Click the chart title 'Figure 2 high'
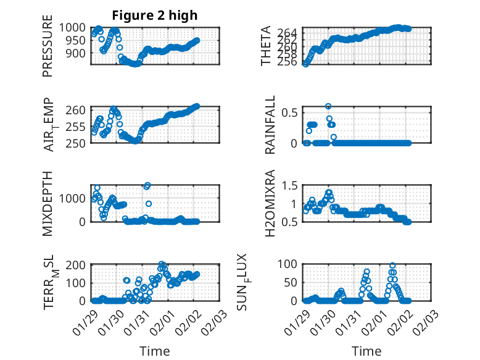click(155, 15)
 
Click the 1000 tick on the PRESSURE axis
click(76, 27)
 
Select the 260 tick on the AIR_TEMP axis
click(81, 111)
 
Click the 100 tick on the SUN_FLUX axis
click(291, 265)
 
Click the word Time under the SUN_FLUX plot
click(366, 351)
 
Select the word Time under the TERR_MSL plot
click(155, 351)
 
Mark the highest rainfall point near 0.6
click(329, 106)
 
